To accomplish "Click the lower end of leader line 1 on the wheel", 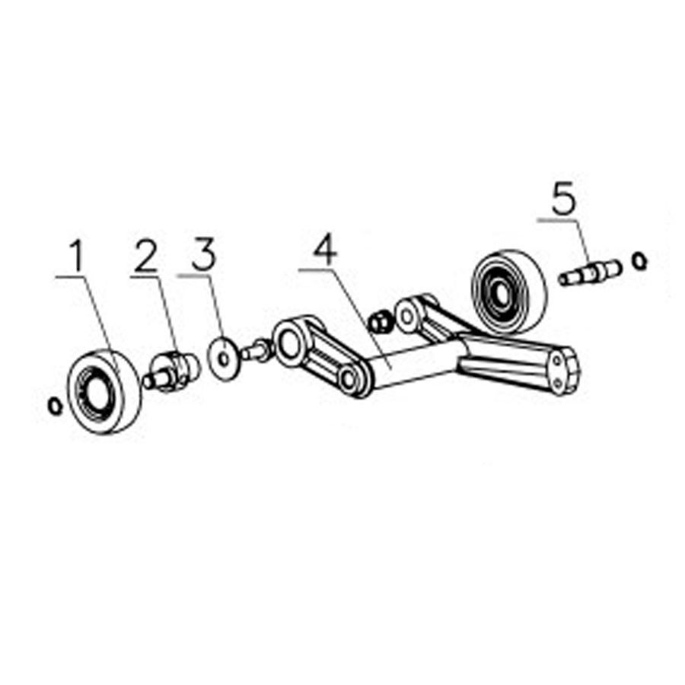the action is [x=119, y=374].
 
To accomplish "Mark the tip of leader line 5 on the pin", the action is [x=593, y=272].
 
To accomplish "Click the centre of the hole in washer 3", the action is [x=225, y=359].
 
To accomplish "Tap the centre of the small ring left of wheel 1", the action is [x=55, y=406].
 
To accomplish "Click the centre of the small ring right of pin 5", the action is [x=639, y=261].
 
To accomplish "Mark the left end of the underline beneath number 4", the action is [x=299, y=270].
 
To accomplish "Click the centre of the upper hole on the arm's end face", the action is [x=556, y=362].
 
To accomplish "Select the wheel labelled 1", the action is [x=104, y=391].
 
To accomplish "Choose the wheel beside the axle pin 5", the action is [x=508, y=292].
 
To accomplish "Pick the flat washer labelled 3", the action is [x=225, y=359].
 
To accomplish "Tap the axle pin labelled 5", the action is [x=591, y=272].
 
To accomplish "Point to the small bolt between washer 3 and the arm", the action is [x=256, y=350].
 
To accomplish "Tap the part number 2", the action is [x=145, y=256].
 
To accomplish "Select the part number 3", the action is [x=204, y=254].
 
